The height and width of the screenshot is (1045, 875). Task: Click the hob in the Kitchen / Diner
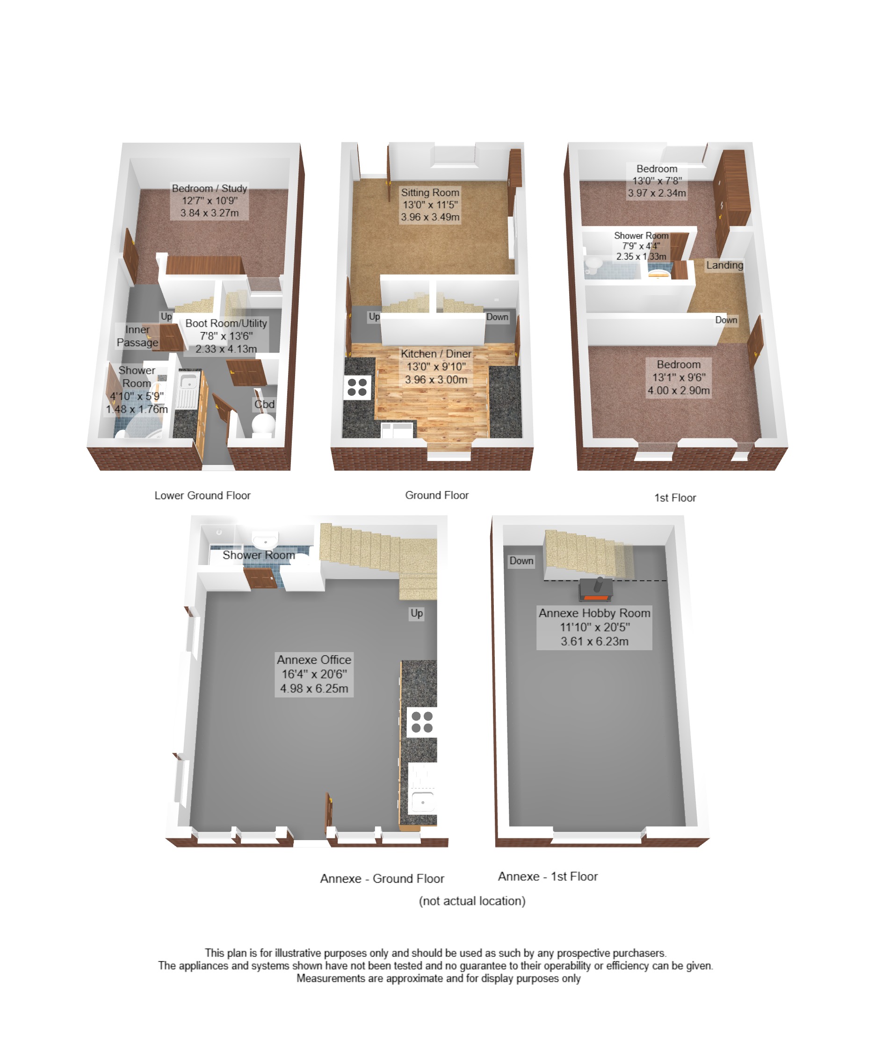pyautogui.click(x=357, y=388)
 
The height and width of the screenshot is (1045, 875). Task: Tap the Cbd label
pyautogui.click(x=264, y=405)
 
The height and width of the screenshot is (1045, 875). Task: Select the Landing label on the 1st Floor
pyautogui.click(x=724, y=265)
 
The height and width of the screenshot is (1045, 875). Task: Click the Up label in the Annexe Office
pyautogui.click(x=417, y=614)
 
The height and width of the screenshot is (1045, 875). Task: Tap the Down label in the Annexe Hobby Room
pyautogui.click(x=521, y=561)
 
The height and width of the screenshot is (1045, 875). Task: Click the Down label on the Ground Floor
pyautogui.click(x=498, y=317)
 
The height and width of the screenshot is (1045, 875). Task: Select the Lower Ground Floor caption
pyautogui.click(x=202, y=496)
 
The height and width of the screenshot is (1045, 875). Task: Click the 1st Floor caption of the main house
pyautogui.click(x=675, y=498)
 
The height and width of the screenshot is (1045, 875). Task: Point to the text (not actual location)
pyautogui.click(x=472, y=900)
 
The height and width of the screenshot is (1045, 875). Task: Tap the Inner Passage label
pyautogui.click(x=137, y=336)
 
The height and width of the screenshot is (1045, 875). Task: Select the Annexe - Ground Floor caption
pyautogui.click(x=382, y=878)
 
